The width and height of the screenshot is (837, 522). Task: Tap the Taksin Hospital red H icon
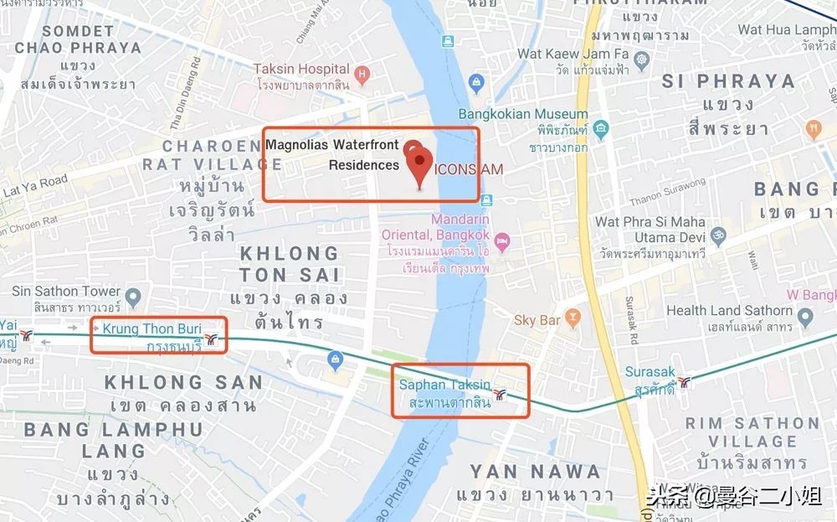click(362, 75)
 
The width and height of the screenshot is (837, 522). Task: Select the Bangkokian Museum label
click(523, 114)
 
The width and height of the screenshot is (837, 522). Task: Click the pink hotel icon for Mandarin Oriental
click(502, 242)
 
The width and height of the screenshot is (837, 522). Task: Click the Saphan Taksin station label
click(444, 385)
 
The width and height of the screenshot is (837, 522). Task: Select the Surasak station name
click(650, 371)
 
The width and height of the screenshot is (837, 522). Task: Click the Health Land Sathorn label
click(728, 310)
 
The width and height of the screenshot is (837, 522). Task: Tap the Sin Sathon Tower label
click(66, 292)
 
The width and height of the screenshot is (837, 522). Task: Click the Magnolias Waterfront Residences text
click(332, 155)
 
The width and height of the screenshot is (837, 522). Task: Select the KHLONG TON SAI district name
click(289, 263)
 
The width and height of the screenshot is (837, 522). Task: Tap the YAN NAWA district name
click(535, 472)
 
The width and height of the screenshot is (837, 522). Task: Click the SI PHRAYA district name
click(727, 81)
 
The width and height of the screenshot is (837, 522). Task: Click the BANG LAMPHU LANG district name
click(113, 440)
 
